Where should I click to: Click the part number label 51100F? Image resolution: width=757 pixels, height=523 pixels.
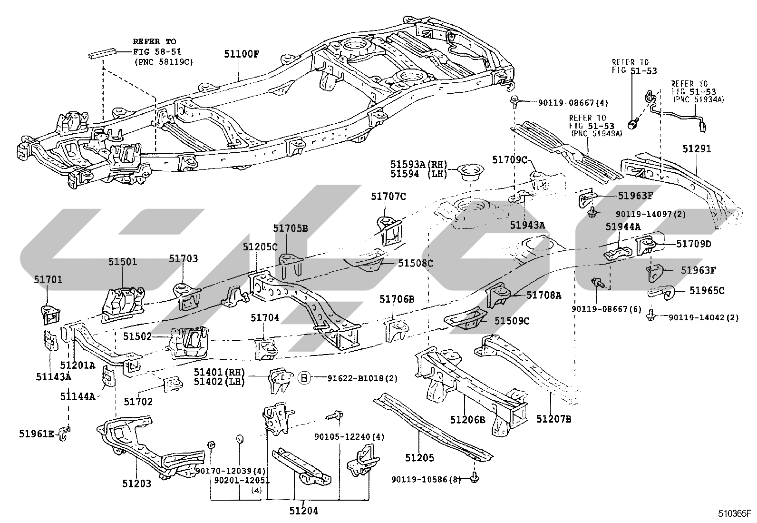pyautogui.click(x=242, y=54)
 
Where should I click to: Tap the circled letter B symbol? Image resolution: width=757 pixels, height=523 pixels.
pyautogui.click(x=304, y=377)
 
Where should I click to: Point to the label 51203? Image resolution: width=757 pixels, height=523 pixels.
pyautogui.click(x=136, y=484)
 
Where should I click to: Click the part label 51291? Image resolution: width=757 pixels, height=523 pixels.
pyautogui.click(x=697, y=149)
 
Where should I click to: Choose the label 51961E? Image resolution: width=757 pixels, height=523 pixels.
pyautogui.click(x=37, y=434)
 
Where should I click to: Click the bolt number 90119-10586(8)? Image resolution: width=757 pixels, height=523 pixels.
pyautogui.click(x=426, y=479)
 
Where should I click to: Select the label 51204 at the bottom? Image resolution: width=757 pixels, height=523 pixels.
pyautogui.click(x=303, y=511)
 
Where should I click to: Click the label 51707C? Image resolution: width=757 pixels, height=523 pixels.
pyautogui.click(x=388, y=196)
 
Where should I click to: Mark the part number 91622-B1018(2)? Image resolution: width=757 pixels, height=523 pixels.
pyautogui.click(x=362, y=378)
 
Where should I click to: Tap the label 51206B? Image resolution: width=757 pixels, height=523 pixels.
pyautogui.click(x=467, y=419)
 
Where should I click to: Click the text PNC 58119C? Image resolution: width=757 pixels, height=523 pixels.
pyautogui.click(x=164, y=62)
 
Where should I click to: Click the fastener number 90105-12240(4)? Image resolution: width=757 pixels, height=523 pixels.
pyautogui.click(x=349, y=437)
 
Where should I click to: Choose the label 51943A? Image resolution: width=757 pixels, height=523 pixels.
pyautogui.click(x=527, y=225)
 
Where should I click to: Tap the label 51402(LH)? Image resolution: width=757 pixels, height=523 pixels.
pyautogui.click(x=219, y=382)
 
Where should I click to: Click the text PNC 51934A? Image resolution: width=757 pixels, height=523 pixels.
pyautogui.click(x=699, y=99)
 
